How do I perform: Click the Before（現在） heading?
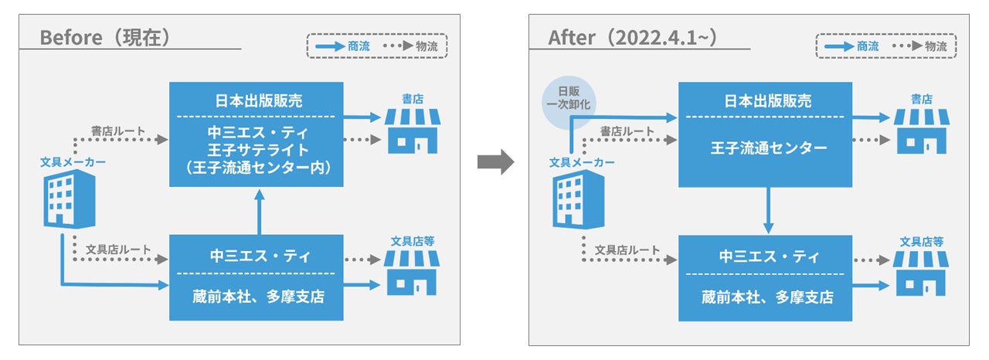pyautogui.click(x=104, y=38)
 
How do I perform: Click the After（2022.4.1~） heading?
pyautogui.click(x=637, y=38)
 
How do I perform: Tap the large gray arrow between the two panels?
pyautogui.click(x=495, y=161)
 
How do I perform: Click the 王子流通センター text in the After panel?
pyautogui.click(x=765, y=148)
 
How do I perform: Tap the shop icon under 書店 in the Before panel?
pyautogui.click(x=412, y=130)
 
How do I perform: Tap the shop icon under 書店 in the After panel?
pyautogui.click(x=920, y=130)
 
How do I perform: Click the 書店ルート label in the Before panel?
pyautogui.click(x=118, y=131)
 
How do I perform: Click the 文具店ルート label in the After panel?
pyautogui.click(x=627, y=250)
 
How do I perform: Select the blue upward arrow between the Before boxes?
pyautogui.click(x=260, y=212)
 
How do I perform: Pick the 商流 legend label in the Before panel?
pyautogui.click(x=359, y=46)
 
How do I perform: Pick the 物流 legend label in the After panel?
pyautogui.click(x=936, y=46)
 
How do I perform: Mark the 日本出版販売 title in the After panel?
pyautogui.click(x=765, y=101)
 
